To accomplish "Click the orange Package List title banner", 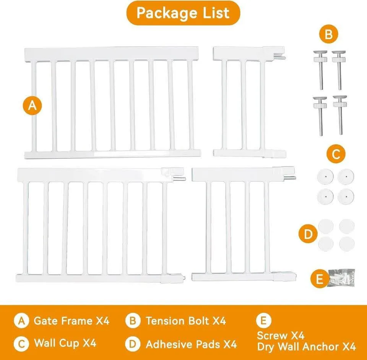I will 183,13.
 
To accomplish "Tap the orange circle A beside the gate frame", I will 32,106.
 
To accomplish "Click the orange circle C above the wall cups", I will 336,154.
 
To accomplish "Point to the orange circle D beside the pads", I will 308,234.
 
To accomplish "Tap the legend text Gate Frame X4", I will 71,321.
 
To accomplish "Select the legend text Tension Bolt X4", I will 185,321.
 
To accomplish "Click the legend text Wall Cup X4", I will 65,343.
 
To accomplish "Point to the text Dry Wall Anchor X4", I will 306,347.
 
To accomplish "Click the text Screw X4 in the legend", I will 281,336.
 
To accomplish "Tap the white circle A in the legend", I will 21,321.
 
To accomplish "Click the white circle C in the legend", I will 21,343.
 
